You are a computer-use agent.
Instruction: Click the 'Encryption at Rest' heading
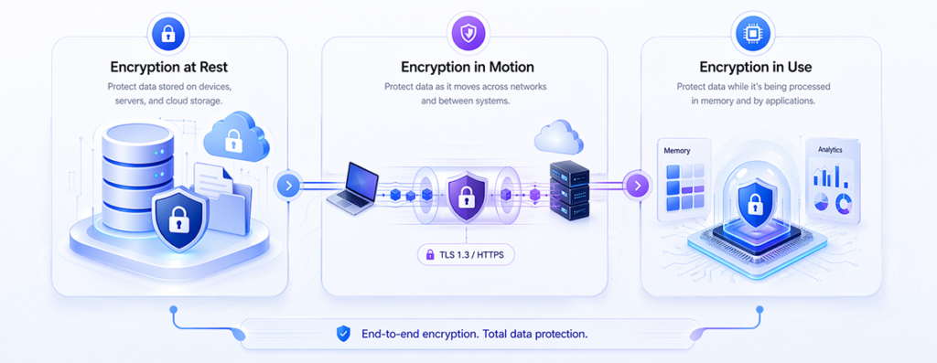click(x=168, y=66)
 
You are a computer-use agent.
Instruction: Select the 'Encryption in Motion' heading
click(x=468, y=66)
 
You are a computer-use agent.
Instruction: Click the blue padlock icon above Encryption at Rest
click(x=168, y=32)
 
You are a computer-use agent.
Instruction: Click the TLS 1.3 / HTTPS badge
click(x=466, y=254)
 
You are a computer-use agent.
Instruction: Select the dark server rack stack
click(x=569, y=188)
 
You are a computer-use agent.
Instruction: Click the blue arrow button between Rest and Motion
click(x=288, y=185)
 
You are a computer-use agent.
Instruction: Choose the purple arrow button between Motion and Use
click(x=637, y=185)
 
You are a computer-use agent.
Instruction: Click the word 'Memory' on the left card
click(x=676, y=152)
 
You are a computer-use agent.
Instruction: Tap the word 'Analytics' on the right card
click(x=830, y=151)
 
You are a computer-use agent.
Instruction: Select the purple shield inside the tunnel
click(x=466, y=196)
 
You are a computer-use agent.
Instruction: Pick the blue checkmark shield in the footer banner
click(x=343, y=333)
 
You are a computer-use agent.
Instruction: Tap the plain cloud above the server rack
click(x=558, y=137)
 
